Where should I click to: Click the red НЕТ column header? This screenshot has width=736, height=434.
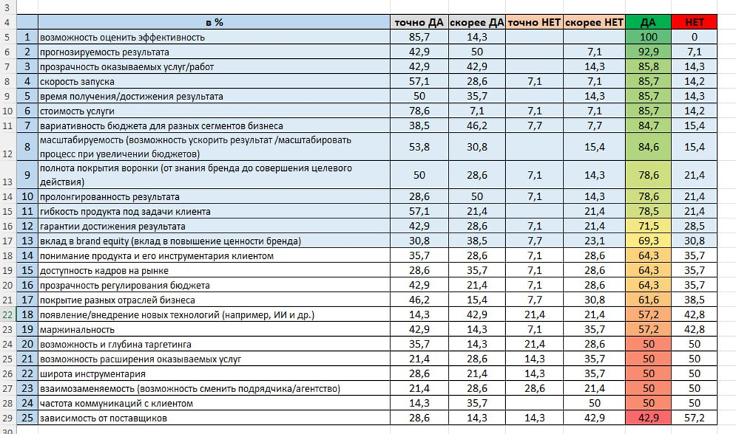click(x=694, y=22)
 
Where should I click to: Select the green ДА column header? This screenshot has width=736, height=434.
click(x=648, y=22)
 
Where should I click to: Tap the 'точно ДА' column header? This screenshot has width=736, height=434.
click(x=419, y=23)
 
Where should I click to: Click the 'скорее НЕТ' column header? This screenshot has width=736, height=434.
click(x=594, y=23)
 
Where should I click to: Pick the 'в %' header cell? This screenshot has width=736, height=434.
click(x=214, y=22)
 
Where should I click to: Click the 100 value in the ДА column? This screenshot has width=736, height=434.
click(x=649, y=37)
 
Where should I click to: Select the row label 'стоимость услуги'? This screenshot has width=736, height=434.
click(x=77, y=111)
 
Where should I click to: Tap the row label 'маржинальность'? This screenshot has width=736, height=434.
click(x=77, y=329)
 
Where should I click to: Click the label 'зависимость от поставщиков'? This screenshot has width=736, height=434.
click(x=103, y=418)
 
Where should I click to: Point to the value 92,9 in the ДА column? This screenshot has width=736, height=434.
click(x=649, y=52)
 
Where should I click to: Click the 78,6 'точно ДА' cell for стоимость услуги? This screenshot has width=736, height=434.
click(x=419, y=111)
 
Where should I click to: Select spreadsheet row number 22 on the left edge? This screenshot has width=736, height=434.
click(x=8, y=314)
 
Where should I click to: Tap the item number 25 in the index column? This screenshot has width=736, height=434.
click(x=27, y=418)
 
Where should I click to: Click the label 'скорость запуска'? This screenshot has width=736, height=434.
click(x=77, y=82)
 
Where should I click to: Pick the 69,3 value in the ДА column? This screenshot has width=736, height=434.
click(x=649, y=240)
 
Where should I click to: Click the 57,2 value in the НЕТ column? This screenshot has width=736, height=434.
click(x=694, y=418)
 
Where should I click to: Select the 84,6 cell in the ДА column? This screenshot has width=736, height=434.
click(x=649, y=147)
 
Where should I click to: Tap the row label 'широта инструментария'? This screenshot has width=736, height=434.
click(x=92, y=374)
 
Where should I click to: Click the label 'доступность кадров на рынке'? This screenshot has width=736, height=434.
click(x=104, y=270)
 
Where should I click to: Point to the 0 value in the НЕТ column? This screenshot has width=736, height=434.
click(x=694, y=37)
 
